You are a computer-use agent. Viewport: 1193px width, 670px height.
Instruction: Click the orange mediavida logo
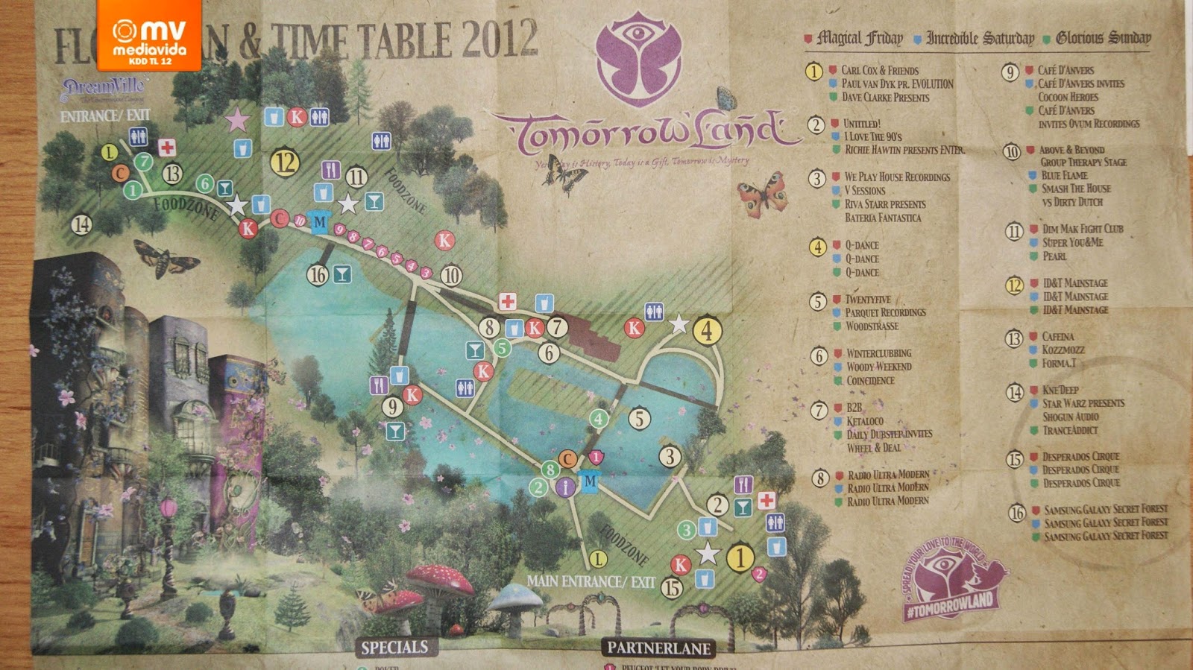coord(148,35)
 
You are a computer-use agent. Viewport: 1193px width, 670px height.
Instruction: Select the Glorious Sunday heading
coord(1103,37)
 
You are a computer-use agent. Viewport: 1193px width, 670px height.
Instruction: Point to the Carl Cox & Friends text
coord(879,70)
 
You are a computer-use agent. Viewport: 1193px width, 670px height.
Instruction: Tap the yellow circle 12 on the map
coord(285,162)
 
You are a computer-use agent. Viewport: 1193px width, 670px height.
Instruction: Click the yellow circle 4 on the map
coord(707,330)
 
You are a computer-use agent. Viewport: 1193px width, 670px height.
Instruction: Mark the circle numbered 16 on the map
coord(318,275)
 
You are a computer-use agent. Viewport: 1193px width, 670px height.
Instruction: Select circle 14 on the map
coord(82,224)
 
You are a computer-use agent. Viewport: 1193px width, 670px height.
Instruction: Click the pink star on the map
coord(238,119)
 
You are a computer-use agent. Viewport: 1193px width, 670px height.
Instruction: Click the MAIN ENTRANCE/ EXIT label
coord(591,581)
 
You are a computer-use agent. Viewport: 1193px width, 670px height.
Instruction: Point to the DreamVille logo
coord(104,89)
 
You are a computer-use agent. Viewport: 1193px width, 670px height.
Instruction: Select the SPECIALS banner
coord(394,647)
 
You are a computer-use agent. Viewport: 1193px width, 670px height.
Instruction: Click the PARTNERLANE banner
coord(658,648)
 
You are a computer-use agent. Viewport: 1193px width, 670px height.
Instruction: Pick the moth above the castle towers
coord(166,259)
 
